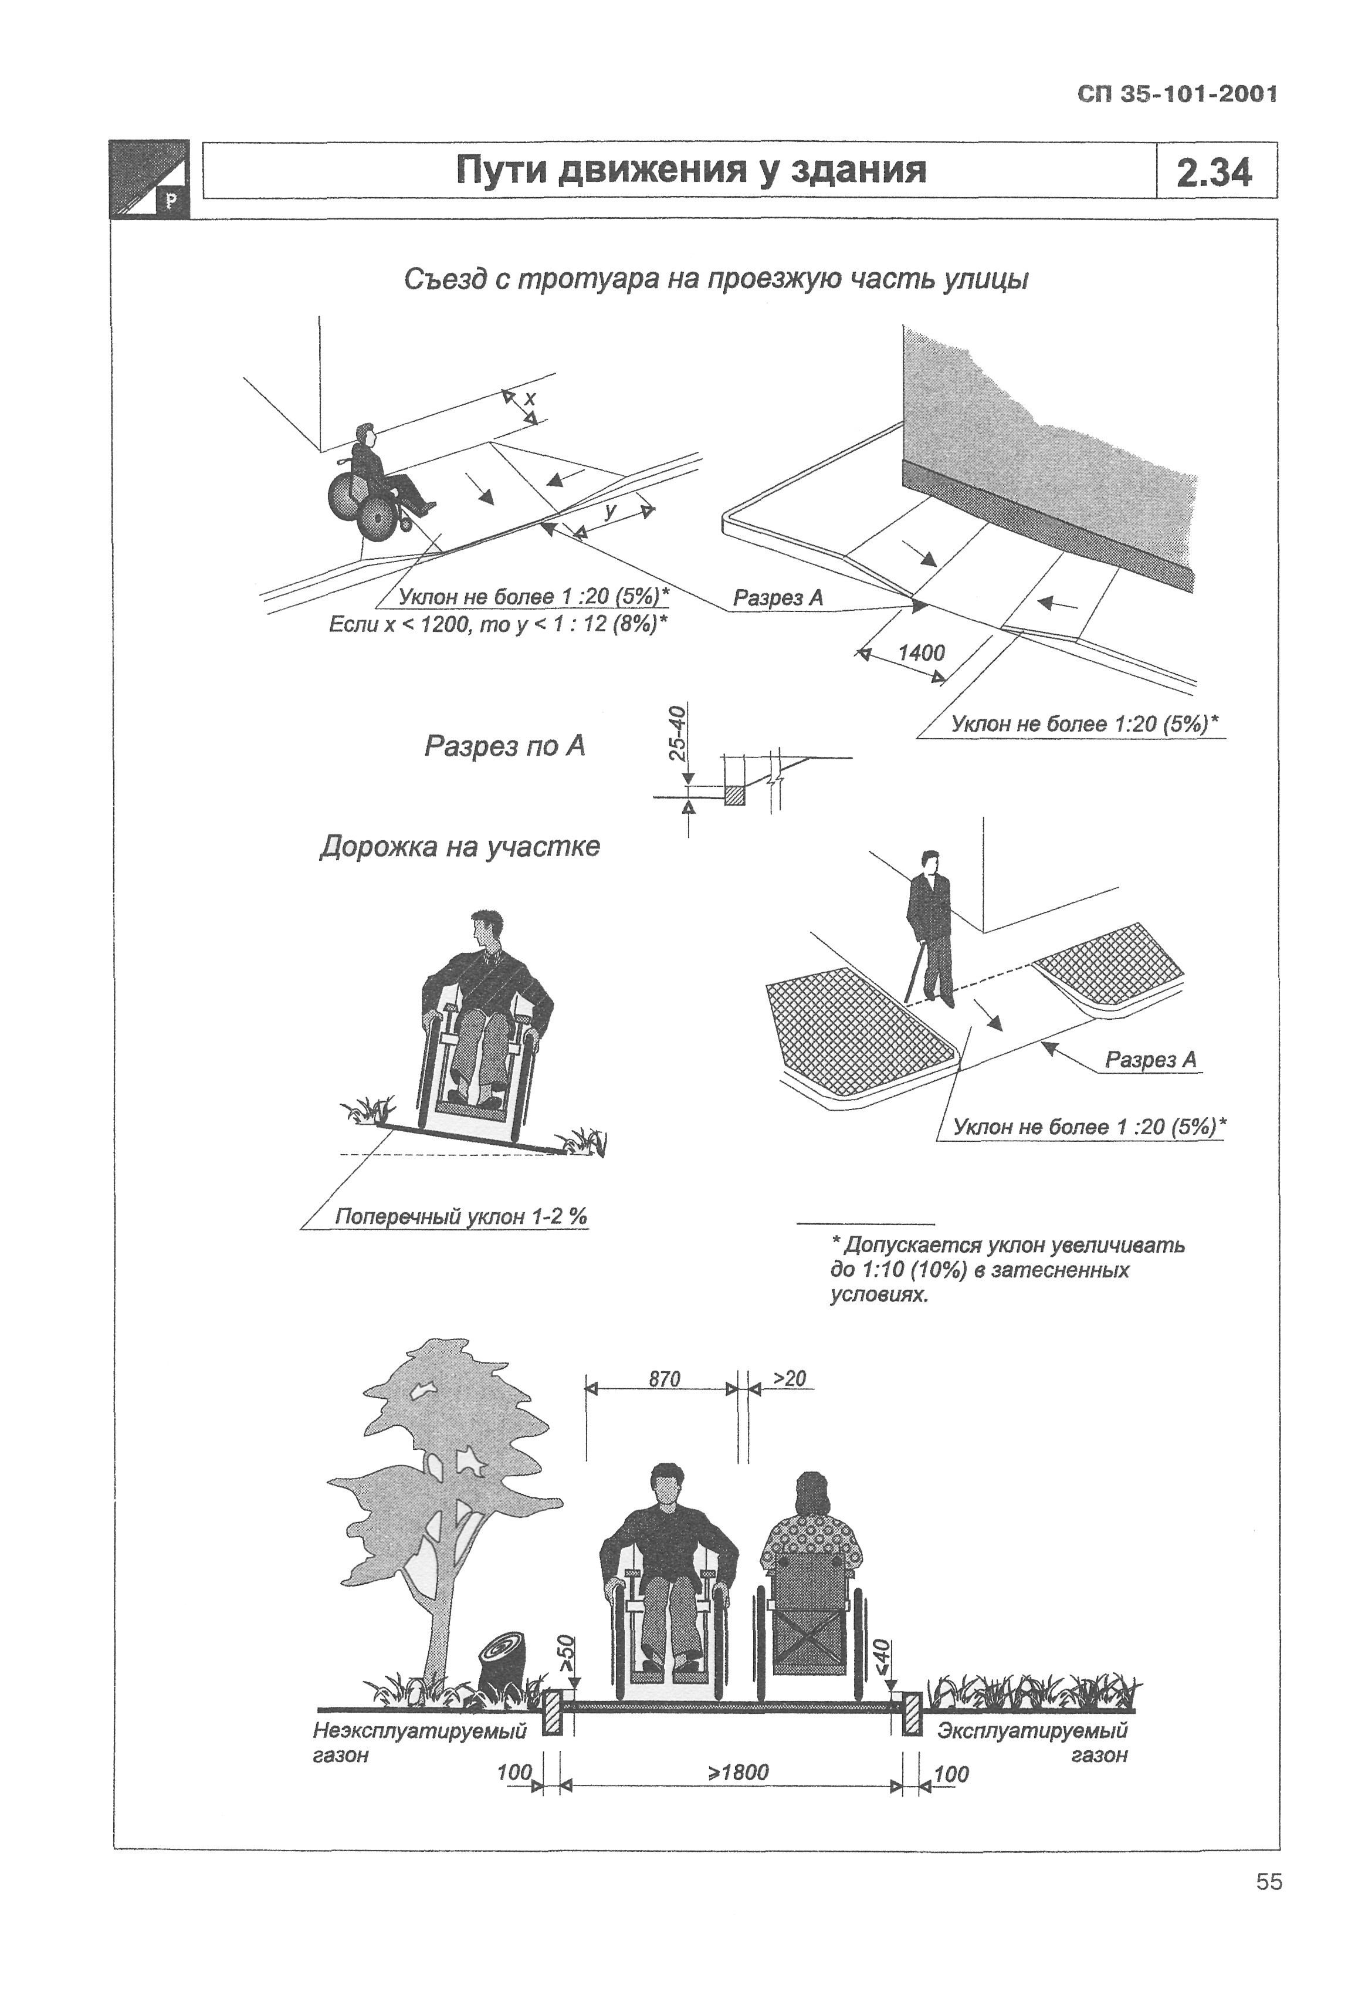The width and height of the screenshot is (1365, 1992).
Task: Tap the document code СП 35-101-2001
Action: click(x=1177, y=94)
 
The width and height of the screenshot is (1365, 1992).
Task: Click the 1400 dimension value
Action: click(x=921, y=652)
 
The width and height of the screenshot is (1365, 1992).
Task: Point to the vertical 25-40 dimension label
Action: click(x=677, y=733)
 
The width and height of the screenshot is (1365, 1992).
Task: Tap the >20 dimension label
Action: click(x=789, y=1378)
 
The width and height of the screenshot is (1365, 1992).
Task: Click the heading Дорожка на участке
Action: click(x=459, y=847)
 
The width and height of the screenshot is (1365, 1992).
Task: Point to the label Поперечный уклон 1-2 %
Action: click(x=461, y=1216)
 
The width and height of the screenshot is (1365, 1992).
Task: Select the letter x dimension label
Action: click(x=530, y=398)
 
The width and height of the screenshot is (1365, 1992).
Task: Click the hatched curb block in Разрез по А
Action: click(x=734, y=794)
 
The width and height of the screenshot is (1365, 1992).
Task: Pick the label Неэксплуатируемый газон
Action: click(x=418, y=1743)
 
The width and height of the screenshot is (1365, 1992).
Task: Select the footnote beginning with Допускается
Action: click(x=1007, y=1270)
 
